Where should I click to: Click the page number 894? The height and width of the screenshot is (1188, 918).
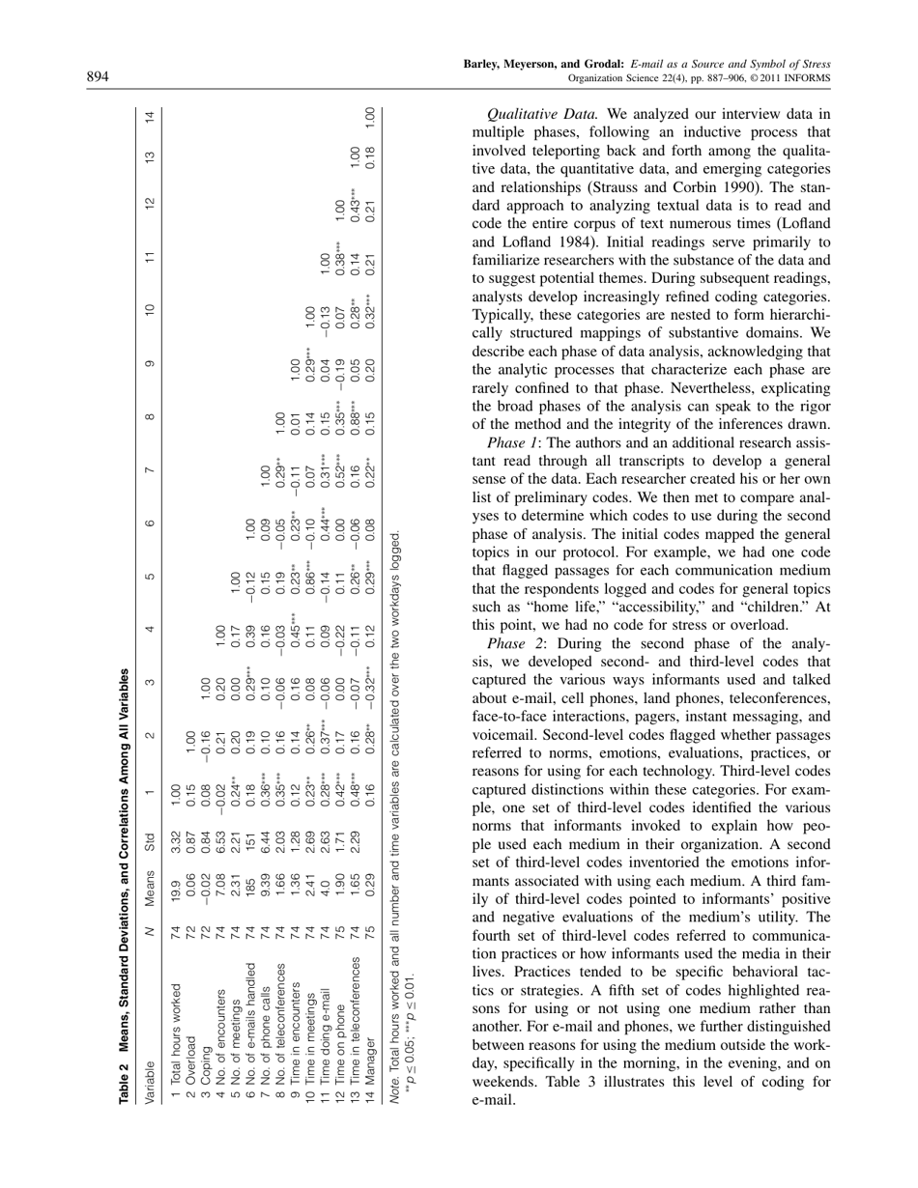pos(100,77)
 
